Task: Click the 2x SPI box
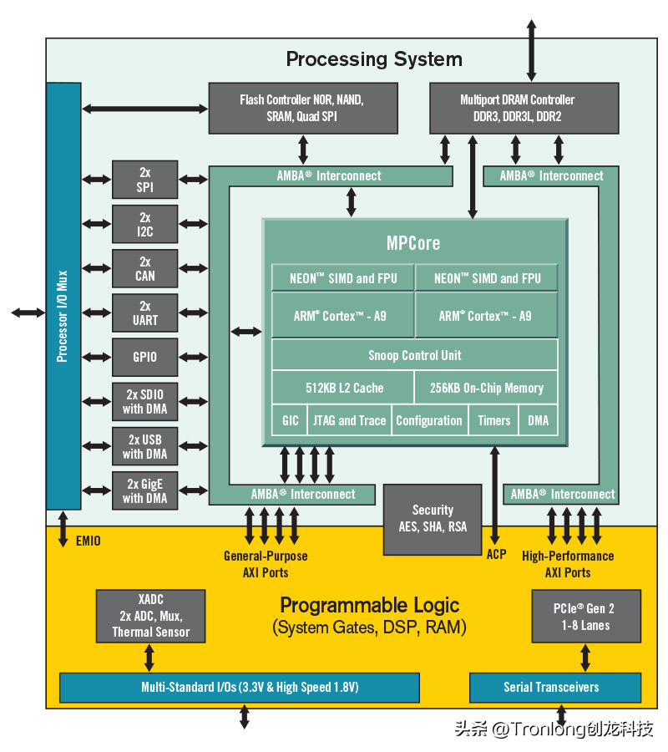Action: (144, 180)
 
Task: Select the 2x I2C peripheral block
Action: (144, 224)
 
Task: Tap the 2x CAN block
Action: (144, 268)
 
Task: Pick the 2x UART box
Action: (144, 312)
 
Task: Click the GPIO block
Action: (144, 358)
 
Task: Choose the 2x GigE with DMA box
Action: (144, 490)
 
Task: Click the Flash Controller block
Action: (303, 108)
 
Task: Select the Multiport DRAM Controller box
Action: (524, 108)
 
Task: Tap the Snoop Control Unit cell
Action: (414, 355)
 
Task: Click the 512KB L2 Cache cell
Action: (343, 387)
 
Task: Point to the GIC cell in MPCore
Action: (290, 420)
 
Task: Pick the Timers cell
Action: (493, 420)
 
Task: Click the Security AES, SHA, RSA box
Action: (433, 520)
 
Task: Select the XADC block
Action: (150, 616)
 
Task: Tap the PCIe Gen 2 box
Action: (586, 616)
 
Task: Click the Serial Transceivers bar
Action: (555, 688)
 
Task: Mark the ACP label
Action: (497, 555)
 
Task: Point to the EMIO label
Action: (89, 541)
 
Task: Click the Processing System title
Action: (374, 59)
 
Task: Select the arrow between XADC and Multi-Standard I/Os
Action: (149, 658)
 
